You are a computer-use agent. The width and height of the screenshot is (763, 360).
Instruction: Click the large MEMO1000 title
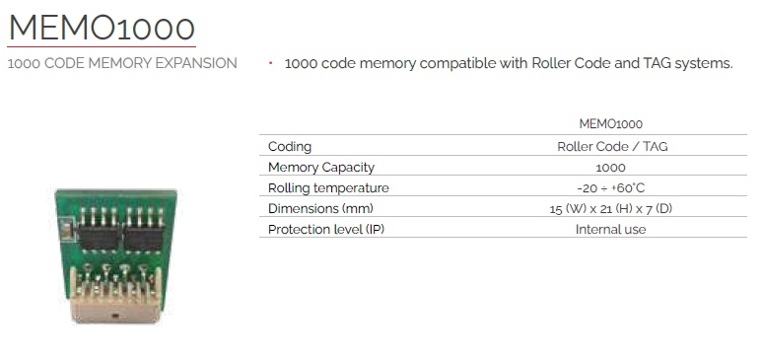(x=102, y=28)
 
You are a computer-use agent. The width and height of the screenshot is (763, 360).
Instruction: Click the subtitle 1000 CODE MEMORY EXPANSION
(x=122, y=63)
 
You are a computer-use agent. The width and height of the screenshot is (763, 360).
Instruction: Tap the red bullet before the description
(x=270, y=62)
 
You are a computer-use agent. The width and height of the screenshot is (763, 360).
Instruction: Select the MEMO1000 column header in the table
(x=610, y=123)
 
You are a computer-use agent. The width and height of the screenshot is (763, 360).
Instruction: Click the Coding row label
(x=290, y=146)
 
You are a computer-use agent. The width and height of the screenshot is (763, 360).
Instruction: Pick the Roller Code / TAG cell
(x=612, y=146)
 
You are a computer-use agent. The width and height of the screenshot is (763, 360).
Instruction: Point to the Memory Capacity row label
(x=321, y=167)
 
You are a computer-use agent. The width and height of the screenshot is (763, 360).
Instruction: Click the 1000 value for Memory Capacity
(x=610, y=168)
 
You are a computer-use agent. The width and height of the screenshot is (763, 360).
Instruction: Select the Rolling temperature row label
(x=328, y=188)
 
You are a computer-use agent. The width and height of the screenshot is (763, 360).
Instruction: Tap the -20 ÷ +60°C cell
(x=610, y=188)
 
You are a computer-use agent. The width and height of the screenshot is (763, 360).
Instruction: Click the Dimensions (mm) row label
(x=320, y=208)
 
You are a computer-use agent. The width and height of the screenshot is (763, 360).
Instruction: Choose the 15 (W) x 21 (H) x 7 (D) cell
(x=610, y=209)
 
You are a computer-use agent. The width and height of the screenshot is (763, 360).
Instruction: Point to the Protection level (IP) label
(x=326, y=230)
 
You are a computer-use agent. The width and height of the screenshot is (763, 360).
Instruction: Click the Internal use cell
(x=610, y=230)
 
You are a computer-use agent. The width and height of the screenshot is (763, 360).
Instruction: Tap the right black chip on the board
(x=144, y=240)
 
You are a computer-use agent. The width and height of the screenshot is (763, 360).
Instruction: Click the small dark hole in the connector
(x=115, y=317)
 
